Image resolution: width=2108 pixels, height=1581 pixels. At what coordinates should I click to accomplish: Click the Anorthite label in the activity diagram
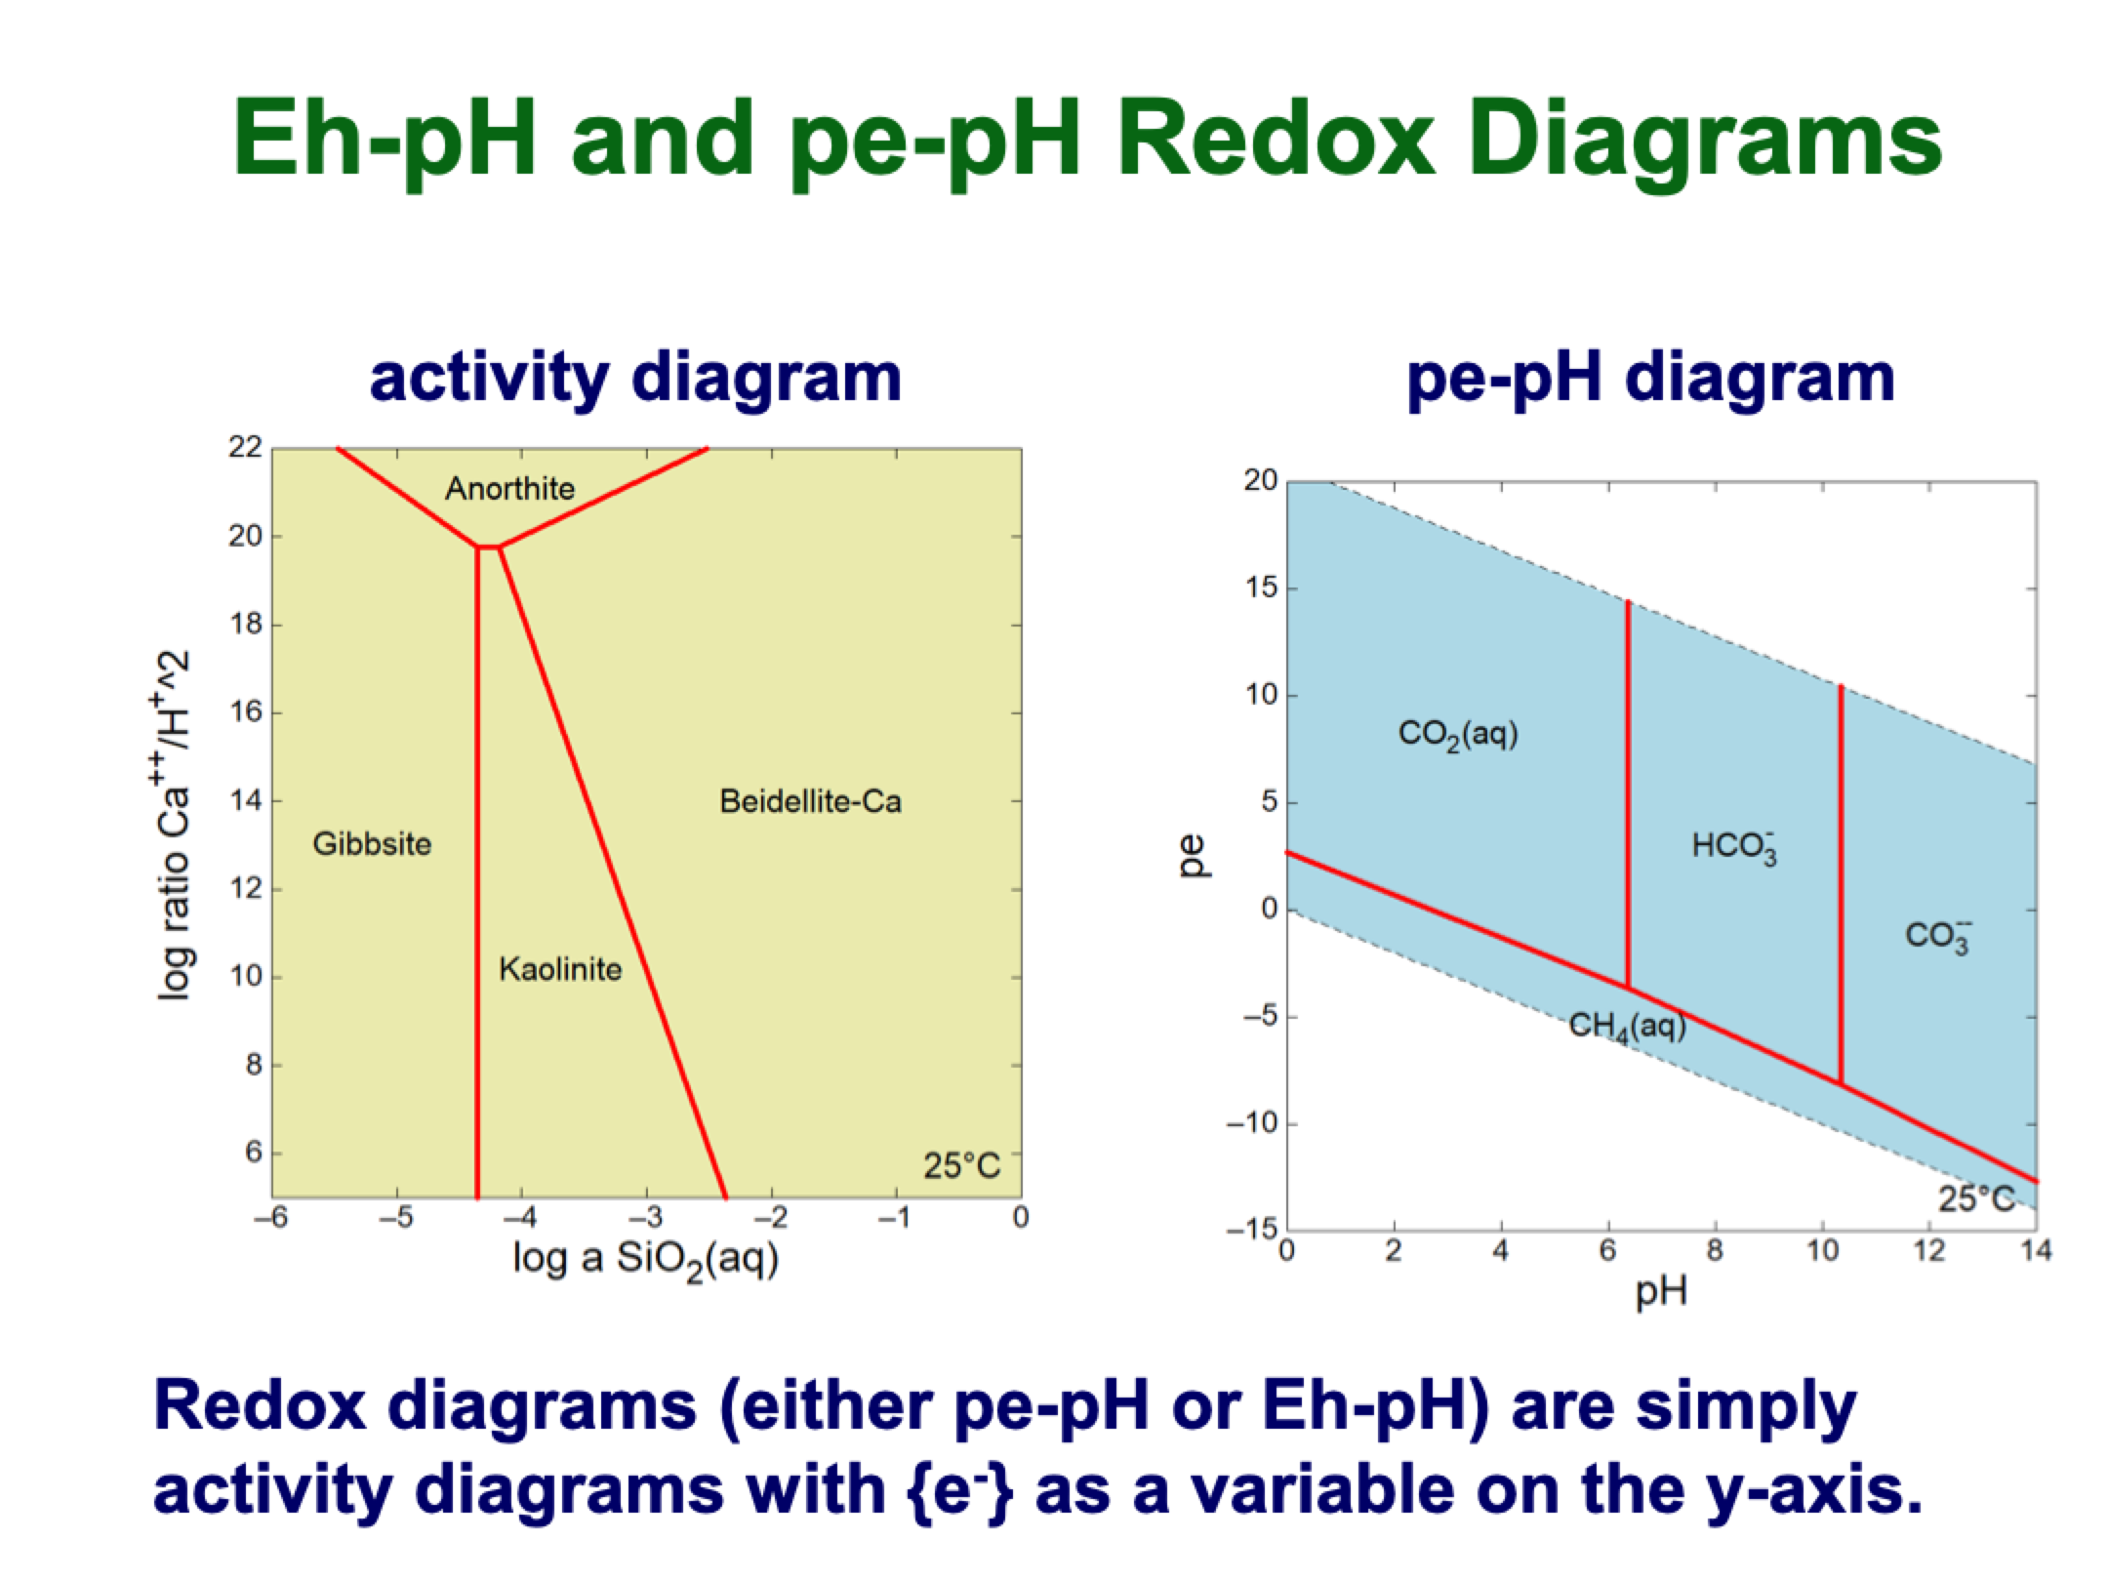pyautogui.click(x=509, y=488)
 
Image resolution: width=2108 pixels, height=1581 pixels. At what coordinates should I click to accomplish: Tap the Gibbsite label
pyautogui.click(x=372, y=844)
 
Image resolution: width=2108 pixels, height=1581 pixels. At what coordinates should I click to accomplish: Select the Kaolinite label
pyautogui.click(x=560, y=969)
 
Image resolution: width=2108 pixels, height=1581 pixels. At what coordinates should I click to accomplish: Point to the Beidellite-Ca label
pyautogui.click(x=810, y=801)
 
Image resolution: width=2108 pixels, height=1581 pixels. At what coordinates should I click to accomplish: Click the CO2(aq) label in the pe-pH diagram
pyautogui.click(x=1458, y=734)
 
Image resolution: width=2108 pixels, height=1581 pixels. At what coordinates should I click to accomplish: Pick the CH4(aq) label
pyautogui.click(x=1627, y=1026)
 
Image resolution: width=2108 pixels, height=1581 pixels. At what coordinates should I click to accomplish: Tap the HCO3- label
pyautogui.click(x=1734, y=846)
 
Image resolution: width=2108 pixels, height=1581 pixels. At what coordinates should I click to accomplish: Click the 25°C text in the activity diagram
pyautogui.click(x=961, y=1165)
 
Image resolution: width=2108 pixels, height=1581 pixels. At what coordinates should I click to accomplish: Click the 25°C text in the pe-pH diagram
pyautogui.click(x=1976, y=1198)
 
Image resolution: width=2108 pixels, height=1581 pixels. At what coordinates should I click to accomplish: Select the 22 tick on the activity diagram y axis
pyautogui.click(x=246, y=448)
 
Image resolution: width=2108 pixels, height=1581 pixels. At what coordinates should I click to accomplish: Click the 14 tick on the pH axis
pyautogui.click(x=2036, y=1251)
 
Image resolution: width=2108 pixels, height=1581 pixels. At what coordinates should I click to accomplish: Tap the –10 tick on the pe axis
pyautogui.click(x=1252, y=1123)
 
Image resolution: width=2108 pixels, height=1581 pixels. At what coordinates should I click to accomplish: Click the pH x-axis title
pyautogui.click(x=1661, y=1292)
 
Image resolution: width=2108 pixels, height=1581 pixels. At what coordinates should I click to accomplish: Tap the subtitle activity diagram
pyautogui.click(x=635, y=379)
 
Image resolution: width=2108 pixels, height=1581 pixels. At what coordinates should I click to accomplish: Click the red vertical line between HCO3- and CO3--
pyautogui.click(x=1841, y=878)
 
